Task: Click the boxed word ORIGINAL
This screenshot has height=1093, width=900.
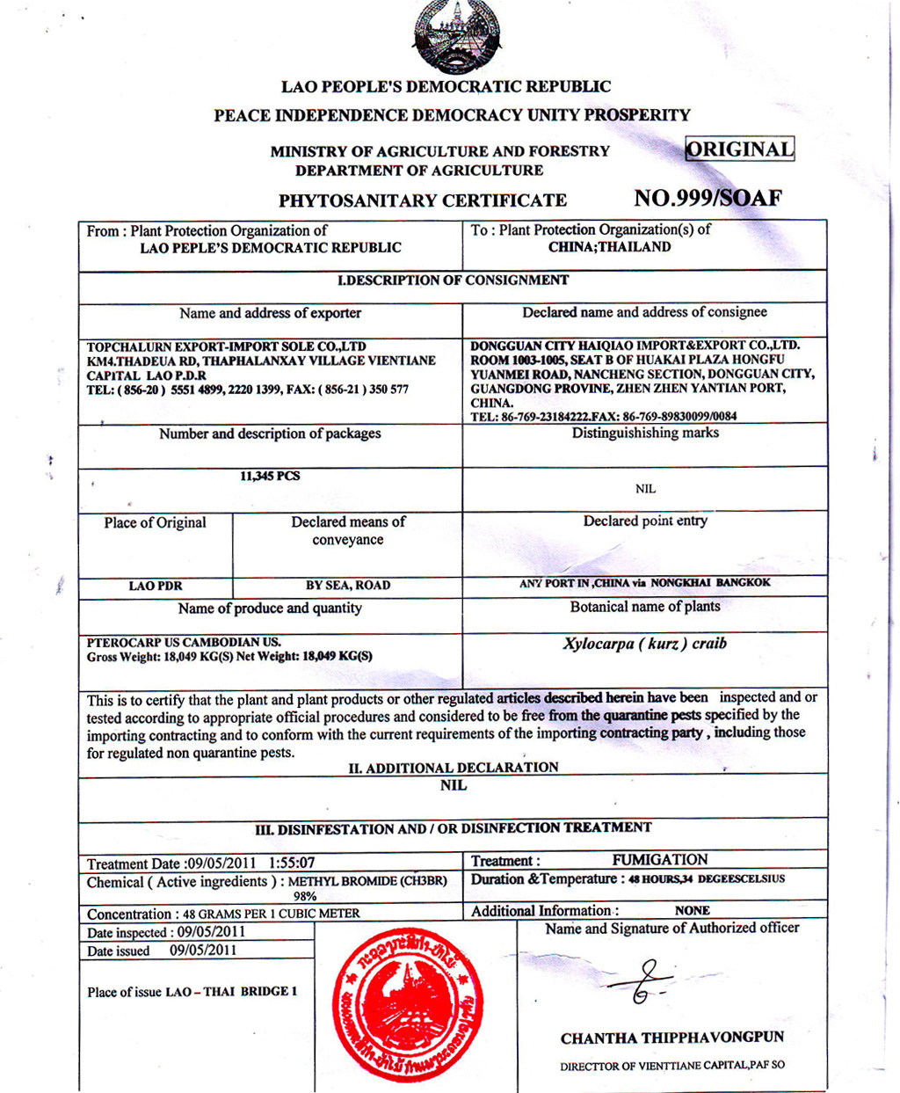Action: click(739, 149)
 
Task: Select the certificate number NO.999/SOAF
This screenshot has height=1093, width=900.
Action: click(708, 198)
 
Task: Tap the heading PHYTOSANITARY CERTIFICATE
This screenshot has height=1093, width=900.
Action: click(423, 200)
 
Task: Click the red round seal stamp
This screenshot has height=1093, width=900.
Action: click(408, 1005)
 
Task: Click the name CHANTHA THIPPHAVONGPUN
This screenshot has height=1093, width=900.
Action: click(672, 1038)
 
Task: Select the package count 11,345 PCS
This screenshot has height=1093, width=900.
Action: click(270, 477)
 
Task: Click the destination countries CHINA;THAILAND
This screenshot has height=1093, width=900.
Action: click(609, 247)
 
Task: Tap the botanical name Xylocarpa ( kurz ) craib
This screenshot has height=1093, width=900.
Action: click(644, 644)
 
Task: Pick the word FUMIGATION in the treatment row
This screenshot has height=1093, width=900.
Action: click(659, 860)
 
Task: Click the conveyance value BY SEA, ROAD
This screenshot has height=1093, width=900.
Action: click(348, 586)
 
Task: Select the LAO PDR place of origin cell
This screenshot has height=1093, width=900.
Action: click(156, 587)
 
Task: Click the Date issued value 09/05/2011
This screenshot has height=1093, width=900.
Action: click(203, 951)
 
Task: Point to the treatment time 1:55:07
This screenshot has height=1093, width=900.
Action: click(292, 863)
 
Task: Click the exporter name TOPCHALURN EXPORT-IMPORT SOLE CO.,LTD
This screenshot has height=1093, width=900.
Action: click(227, 346)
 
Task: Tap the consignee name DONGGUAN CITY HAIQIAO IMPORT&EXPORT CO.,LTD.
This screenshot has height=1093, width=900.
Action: click(635, 346)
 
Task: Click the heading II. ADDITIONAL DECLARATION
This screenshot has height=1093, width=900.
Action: click(454, 768)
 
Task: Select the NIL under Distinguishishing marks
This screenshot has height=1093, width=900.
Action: click(645, 489)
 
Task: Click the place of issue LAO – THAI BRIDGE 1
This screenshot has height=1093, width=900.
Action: click(231, 992)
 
